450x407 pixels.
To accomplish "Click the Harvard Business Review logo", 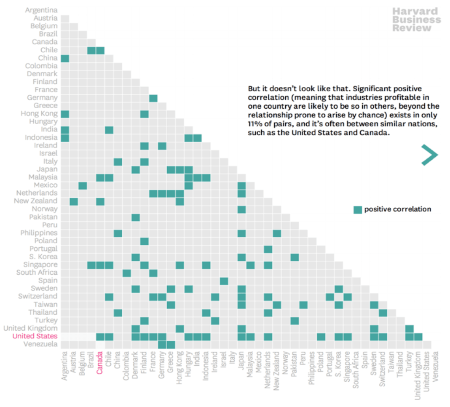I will pos(416,19).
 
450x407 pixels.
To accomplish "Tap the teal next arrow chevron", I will pos(429,155).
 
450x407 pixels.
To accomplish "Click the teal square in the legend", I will pos(358,209).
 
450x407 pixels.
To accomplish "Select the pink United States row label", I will pos(35,336).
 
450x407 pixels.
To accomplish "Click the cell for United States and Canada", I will pos(100,336).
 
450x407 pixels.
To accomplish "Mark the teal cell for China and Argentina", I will pos(65,58).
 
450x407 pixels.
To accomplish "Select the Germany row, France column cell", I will pos(153,98).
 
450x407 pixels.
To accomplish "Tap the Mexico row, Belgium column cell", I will pos(83,185).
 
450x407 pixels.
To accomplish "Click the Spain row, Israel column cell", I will pos(224,281).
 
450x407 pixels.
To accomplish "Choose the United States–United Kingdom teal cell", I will pos(418,336).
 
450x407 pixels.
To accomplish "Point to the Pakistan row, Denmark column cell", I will pos(136,217).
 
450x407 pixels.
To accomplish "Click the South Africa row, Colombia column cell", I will pos(127,273).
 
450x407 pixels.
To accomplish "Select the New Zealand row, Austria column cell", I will pos(74,201).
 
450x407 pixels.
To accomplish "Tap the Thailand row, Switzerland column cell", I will pos(383,313).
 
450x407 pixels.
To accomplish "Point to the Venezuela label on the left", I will pos(40,344).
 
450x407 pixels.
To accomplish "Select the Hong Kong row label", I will pos(39,114).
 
